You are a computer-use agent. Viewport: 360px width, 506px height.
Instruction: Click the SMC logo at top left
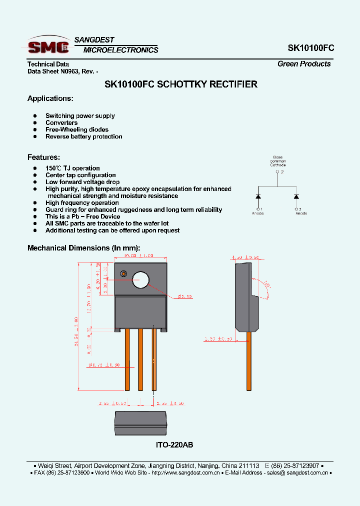(x=48, y=46)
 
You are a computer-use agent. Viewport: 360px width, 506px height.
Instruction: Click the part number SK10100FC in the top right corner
(x=310, y=48)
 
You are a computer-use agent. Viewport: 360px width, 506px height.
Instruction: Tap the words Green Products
(x=304, y=64)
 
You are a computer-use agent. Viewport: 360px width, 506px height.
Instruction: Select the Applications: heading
(x=50, y=98)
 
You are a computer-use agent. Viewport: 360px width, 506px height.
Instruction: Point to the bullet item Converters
(x=61, y=122)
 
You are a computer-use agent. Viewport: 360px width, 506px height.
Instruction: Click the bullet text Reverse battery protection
(x=83, y=136)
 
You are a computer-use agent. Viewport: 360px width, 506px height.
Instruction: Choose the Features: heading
(x=43, y=157)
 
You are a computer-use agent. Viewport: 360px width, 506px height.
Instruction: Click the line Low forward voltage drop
(x=82, y=182)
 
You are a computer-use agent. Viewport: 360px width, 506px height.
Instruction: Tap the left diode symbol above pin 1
(x=258, y=196)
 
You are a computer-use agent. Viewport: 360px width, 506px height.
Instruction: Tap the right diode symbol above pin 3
(x=296, y=196)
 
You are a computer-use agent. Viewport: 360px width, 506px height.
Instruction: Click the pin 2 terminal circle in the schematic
(x=277, y=172)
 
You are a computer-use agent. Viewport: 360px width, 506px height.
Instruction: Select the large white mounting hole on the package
(x=141, y=280)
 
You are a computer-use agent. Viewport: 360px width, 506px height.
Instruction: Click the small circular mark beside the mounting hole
(x=123, y=273)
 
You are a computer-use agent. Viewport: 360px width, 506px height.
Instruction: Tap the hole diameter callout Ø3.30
(x=185, y=296)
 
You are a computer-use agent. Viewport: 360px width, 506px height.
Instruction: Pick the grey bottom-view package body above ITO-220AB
(x=140, y=418)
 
